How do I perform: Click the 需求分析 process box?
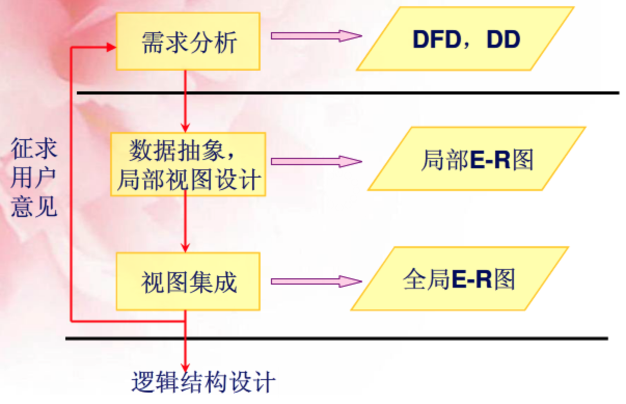(188, 42)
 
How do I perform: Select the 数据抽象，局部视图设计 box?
(188, 164)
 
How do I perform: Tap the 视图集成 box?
(188, 281)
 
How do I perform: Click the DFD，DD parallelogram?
(465, 39)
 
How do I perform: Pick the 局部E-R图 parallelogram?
(477, 158)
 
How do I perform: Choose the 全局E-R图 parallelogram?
(459, 279)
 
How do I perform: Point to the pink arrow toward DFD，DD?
(316, 35)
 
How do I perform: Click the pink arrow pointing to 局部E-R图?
(316, 161)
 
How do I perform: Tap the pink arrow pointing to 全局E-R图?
(316, 281)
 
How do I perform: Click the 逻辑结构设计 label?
(202, 383)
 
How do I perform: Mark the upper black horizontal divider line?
(348, 93)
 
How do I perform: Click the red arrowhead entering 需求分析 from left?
(111, 47)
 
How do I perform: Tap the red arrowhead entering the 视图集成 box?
(185, 247)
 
